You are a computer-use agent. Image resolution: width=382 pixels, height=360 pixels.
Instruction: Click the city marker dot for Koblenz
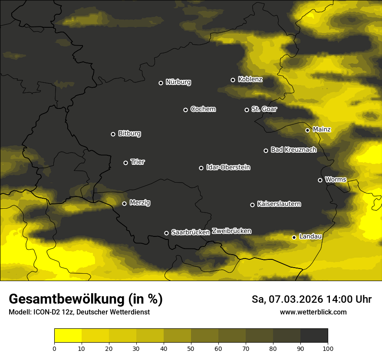click(x=233, y=80)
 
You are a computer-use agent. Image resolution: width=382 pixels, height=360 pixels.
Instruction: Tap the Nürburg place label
click(x=178, y=82)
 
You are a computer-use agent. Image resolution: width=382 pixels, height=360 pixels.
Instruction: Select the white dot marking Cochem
click(x=185, y=110)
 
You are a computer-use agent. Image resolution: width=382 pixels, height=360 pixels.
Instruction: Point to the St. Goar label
click(x=264, y=109)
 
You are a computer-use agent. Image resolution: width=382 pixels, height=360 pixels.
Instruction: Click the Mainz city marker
click(x=307, y=130)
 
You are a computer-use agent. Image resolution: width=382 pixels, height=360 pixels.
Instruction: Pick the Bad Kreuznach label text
click(x=293, y=150)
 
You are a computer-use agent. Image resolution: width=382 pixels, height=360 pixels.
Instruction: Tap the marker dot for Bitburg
click(x=113, y=134)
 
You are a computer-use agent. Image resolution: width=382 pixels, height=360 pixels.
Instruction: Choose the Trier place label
click(x=138, y=162)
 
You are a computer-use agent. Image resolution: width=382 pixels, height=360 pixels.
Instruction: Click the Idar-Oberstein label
click(x=228, y=167)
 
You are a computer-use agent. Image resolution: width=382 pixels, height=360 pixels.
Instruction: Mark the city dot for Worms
click(x=320, y=180)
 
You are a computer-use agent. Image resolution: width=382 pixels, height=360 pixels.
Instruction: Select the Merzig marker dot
click(x=124, y=203)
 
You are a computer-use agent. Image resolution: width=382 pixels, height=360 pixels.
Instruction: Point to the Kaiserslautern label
click(x=279, y=204)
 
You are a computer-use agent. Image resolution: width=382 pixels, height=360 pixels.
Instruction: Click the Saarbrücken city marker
click(x=166, y=233)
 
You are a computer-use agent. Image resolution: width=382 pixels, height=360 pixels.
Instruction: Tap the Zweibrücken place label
click(x=231, y=231)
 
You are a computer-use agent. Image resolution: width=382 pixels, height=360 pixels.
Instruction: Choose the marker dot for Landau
click(x=294, y=237)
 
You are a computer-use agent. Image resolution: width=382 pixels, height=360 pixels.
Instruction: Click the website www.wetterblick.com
click(x=313, y=312)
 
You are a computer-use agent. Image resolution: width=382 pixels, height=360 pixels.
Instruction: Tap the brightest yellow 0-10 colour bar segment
click(x=68, y=336)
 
